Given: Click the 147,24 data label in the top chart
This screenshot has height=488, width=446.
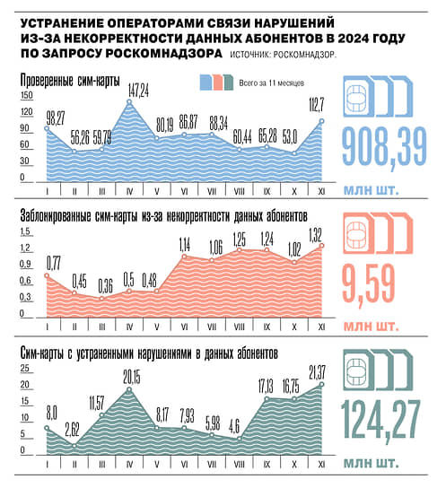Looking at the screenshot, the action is click(138, 91).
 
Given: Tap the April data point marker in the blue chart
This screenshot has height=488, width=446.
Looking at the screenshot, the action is click(129, 101).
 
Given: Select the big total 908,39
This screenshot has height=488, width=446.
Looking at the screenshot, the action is click(384, 147).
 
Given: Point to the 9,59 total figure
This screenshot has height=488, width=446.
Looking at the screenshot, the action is click(369, 283).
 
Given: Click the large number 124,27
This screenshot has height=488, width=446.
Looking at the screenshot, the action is click(381, 420).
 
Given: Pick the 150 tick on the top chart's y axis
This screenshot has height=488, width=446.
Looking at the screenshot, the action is click(26, 95).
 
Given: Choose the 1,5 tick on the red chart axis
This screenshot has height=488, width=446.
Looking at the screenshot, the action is click(25, 231).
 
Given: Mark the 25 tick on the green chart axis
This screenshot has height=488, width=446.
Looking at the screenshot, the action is click(25, 369).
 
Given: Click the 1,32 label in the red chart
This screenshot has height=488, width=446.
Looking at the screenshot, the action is click(315, 235).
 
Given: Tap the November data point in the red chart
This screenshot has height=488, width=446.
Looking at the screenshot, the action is click(322, 246).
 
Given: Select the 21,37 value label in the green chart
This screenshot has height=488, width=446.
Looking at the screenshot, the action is click(318, 372).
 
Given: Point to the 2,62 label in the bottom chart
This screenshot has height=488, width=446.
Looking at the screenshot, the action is click(72, 430).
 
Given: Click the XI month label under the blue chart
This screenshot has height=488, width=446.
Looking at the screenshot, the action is click(322, 191).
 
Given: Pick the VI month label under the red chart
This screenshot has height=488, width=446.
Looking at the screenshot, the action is click(184, 327).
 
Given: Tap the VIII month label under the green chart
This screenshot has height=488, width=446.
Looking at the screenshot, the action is click(239, 465).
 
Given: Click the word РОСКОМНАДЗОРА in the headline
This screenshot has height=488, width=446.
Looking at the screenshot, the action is click(163, 53).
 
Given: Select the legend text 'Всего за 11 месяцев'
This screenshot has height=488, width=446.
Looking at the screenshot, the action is click(271, 83).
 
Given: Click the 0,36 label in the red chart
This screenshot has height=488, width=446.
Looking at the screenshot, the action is click(106, 286).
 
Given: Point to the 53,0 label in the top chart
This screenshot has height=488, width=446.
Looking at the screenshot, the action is click(290, 137).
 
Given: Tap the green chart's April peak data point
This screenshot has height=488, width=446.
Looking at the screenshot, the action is click(129, 389).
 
